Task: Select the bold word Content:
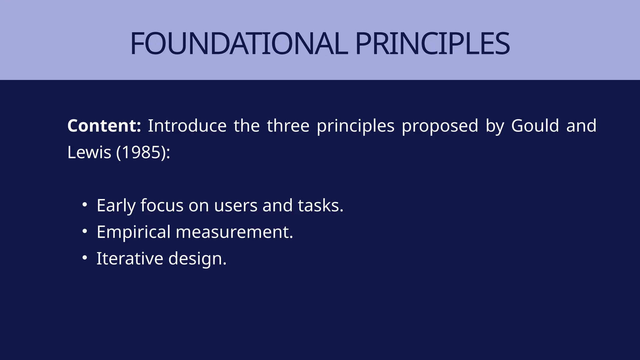click(104, 126)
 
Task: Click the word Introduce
click(187, 126)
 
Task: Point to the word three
click(288, 126)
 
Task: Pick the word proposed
click(440, 126)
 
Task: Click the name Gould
click(535, 126)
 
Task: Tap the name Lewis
click(89, 152)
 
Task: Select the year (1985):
click(143, 152)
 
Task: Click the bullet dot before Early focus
click(84, 205)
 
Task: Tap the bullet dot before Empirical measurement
click(84, 232)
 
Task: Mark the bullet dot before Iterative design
click(84, 258)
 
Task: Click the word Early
click(116, 206)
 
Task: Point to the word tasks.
click(320, 206)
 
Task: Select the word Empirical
click(133, 232)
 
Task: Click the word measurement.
click(234, 232)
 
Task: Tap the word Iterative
click(130, 259)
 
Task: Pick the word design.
click(197, 259)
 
